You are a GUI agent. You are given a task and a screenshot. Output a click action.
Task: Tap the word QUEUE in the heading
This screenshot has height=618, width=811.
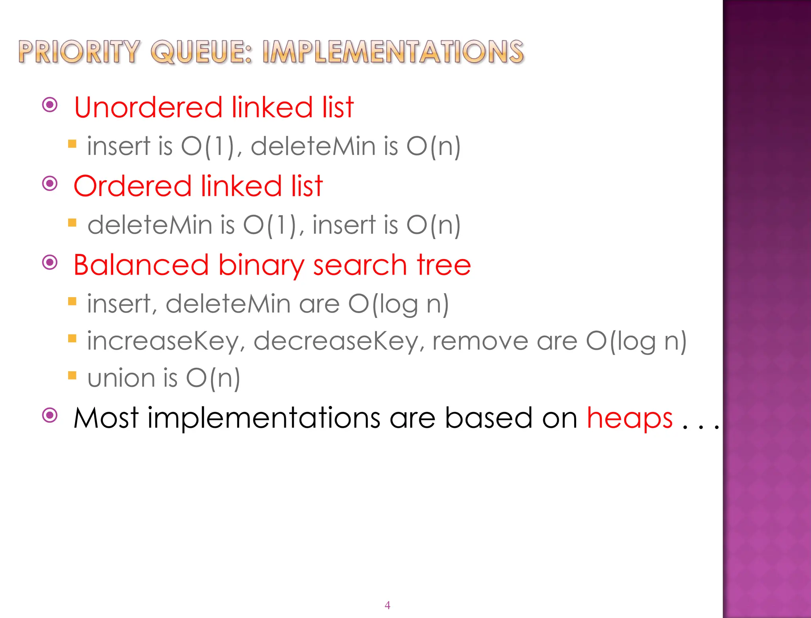(201, 52)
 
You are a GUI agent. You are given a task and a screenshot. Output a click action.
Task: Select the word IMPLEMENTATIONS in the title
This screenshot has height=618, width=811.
(393, 52)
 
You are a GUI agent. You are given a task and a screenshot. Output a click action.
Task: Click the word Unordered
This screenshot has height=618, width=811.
(148, 107)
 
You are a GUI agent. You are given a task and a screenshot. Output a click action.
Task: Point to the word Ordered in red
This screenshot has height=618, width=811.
(133, 186)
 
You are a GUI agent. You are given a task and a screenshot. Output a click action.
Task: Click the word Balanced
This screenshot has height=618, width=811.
(141, 265)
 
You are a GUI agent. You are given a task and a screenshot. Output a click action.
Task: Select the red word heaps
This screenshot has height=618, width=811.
(630, 418)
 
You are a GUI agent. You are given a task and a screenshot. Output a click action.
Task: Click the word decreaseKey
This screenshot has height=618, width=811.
(338, 341)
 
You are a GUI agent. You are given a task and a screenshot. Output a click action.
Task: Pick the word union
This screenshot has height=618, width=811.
(121, 378)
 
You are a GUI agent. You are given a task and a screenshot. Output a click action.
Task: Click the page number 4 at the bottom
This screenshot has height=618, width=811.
(387, 605)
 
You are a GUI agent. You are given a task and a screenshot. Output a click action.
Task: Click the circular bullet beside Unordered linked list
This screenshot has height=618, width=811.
(50, 105)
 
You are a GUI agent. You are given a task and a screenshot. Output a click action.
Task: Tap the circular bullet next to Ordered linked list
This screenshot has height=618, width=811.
(50, 183)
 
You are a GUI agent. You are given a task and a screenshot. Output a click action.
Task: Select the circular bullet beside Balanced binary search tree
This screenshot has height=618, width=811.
(50, 262)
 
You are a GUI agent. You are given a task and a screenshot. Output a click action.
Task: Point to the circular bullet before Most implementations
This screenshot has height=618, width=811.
(50, 416)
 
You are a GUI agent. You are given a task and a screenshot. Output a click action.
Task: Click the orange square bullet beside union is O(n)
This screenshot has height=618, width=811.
(72, 375)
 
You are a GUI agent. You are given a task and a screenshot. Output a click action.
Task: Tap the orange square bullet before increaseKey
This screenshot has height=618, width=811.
(72, 338)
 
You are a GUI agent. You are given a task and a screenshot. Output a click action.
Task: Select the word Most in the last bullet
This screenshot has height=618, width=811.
(106, 418)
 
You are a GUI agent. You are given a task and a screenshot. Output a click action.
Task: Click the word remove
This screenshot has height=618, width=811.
(480, 341)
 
